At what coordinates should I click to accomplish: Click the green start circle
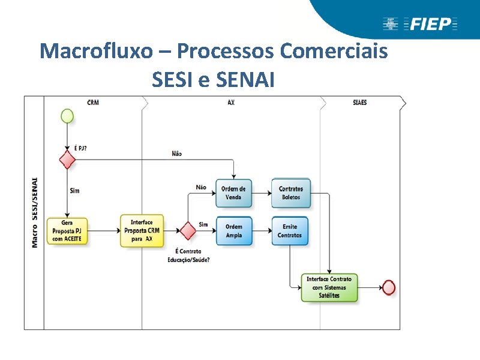(67, 116)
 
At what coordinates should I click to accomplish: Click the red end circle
(389, 287)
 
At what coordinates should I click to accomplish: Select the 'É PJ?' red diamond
(67, 160)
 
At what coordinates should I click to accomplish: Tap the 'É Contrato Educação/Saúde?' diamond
(188, 230)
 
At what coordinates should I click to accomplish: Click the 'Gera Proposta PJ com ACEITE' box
(70, 231)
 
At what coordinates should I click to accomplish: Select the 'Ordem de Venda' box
(233, 193)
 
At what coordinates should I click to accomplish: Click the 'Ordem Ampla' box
(233, 231)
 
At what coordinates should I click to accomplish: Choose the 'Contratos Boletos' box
(290, 193)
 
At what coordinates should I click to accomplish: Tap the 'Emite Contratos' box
(290, 231)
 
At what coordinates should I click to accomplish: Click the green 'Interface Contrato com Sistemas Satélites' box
(329, 287)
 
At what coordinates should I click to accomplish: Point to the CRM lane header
(93, 103)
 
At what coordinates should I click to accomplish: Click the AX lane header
(231, 103)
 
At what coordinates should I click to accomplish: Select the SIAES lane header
(360, 103)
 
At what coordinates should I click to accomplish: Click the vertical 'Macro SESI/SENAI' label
(35, 212)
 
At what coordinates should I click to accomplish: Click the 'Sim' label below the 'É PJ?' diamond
(74, 191)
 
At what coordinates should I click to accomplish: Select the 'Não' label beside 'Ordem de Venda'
(201, 187)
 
